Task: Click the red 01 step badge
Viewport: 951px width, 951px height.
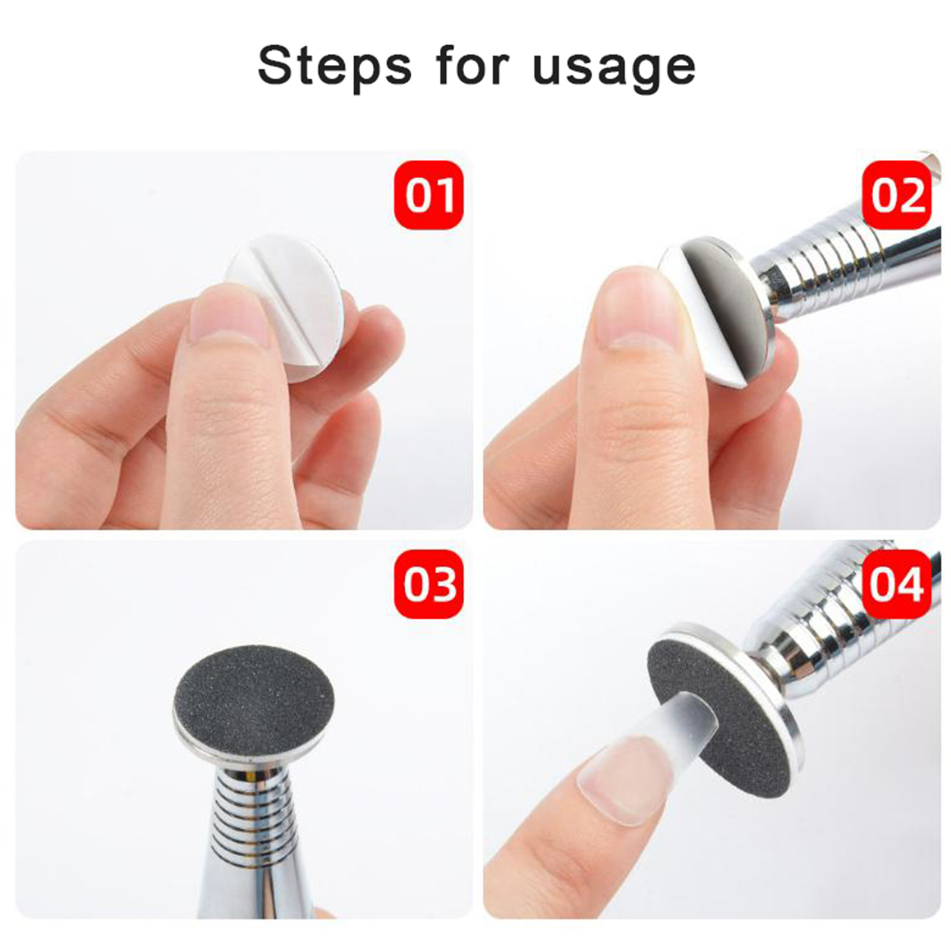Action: click(x=429, y=194)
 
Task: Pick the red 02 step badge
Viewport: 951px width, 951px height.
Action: click(x=896, y=194)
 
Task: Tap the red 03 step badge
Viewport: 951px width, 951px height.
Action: click(x=429, y=584)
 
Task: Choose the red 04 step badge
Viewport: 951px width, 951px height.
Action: click(x=896, y=584)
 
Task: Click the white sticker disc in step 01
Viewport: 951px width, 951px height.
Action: click(x=297, y=279)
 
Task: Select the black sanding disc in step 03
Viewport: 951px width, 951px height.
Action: click(x=254, y=691)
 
